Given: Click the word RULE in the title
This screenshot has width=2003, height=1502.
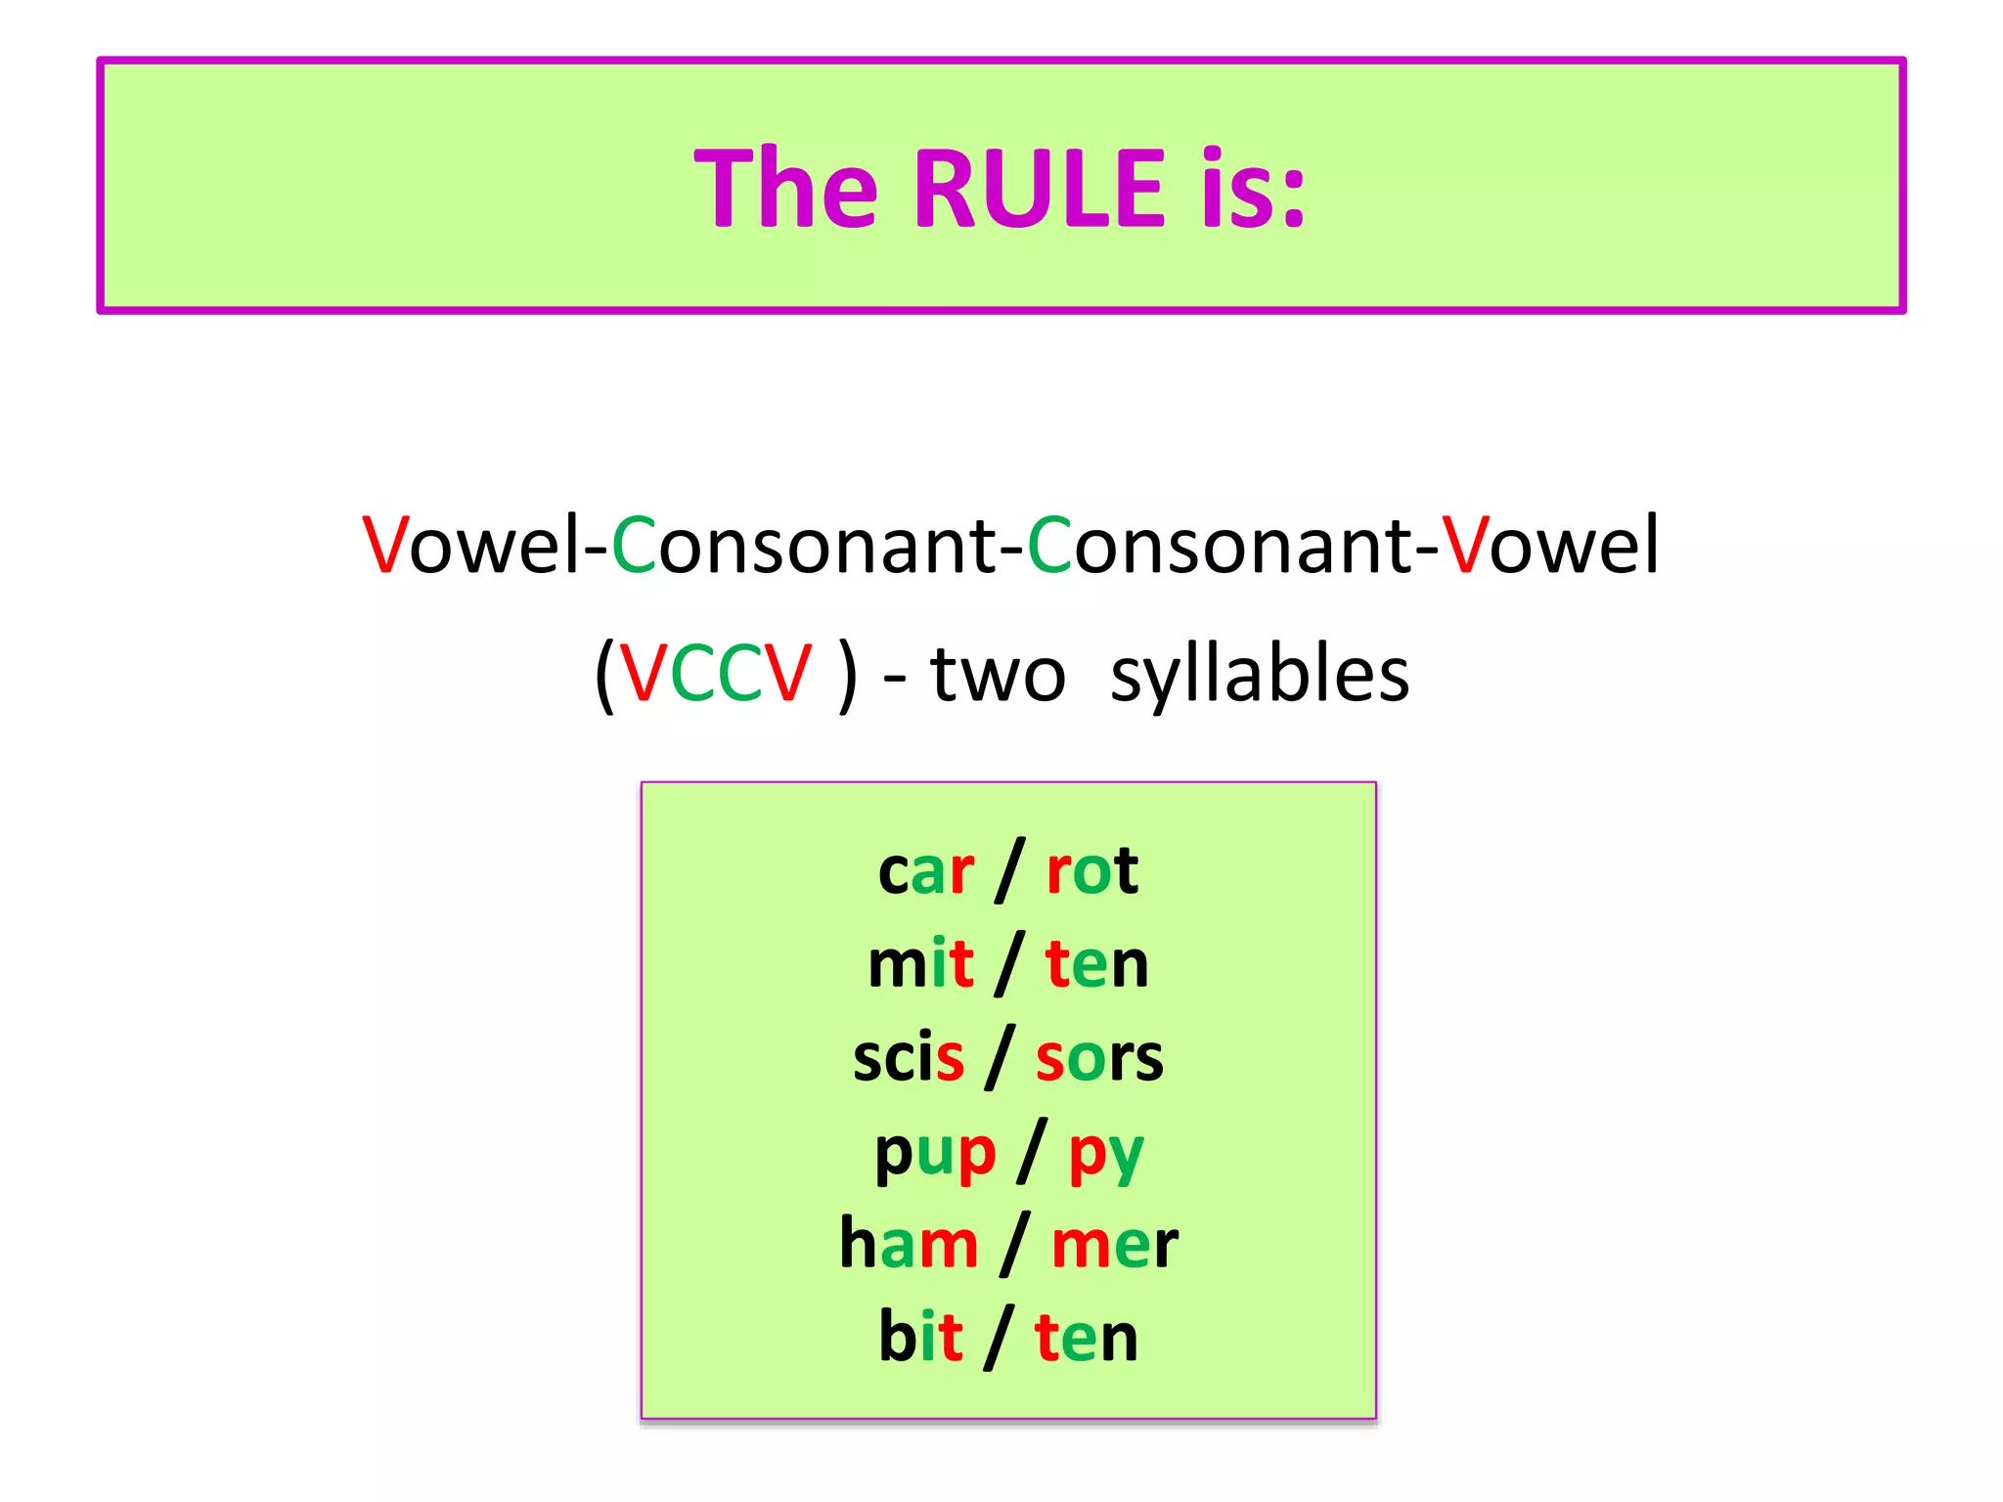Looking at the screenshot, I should point(1039,188).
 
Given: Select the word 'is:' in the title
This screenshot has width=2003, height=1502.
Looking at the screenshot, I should point(1253,188).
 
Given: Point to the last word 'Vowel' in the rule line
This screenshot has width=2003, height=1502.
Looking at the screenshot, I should point(1550,546).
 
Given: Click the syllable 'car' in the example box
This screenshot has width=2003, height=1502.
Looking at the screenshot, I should point(925,870).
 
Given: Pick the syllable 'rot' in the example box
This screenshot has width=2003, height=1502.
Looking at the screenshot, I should point(1091,870).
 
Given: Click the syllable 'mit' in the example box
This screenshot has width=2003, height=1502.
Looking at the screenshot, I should point(920,964).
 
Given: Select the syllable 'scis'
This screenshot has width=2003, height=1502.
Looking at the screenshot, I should point(908,1058).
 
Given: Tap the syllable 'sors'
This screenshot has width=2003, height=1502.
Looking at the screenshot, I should point(1099,1058).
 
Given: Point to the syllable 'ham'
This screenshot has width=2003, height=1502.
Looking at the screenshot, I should point(909,1245).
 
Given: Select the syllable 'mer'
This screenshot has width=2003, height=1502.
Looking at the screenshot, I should point(1114,1245).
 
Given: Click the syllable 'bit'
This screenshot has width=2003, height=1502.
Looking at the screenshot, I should point(920,1337).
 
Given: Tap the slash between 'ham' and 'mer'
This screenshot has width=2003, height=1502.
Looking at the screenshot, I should point(1015,1244).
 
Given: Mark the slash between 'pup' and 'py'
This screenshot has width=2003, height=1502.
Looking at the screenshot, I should point(1032,1151).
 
